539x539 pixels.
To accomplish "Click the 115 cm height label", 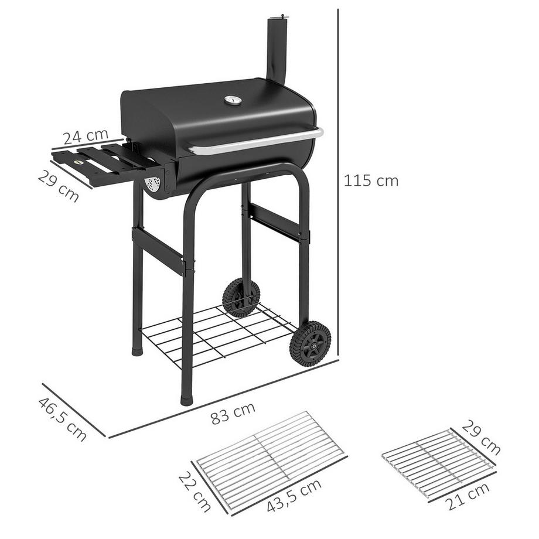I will click(371, 180).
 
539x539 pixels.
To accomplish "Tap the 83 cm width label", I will click(233, 413).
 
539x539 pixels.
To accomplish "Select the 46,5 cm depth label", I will click(62, 419).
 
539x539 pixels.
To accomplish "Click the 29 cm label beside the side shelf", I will click(59, 186).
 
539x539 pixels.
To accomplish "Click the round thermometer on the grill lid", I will click(233, 101).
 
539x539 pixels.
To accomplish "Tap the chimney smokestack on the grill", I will click(276, 50).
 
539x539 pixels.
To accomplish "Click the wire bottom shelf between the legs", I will click(217, 334).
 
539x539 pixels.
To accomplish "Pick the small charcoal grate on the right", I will click(436, 463).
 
